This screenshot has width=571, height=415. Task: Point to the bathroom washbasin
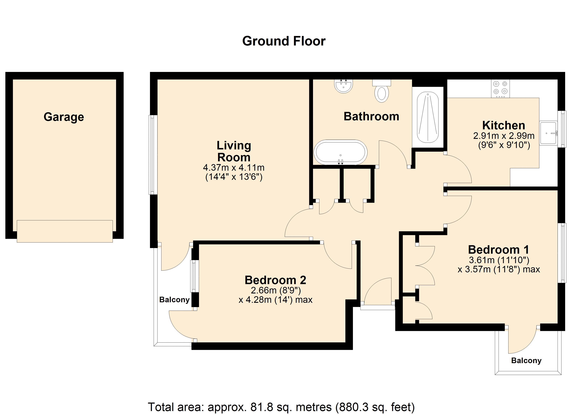343,86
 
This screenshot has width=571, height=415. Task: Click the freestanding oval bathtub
340,152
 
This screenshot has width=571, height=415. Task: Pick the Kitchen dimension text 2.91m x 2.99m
504,136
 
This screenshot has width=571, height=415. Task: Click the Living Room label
234,151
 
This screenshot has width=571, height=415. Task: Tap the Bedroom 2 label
275,280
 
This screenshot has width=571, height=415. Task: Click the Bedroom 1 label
499,250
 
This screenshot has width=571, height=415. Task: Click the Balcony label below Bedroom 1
526,361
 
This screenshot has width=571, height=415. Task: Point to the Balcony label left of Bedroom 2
174,300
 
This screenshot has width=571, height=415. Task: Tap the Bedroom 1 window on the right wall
563,253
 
